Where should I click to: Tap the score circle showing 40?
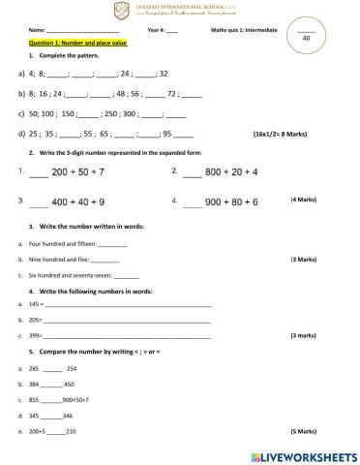click(x=305, y=38)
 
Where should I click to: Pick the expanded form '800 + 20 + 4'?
click(x=230, y=171)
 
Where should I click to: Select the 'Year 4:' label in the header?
click(x=156, y=30)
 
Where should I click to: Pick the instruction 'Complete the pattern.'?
click(x=71, y=57)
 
